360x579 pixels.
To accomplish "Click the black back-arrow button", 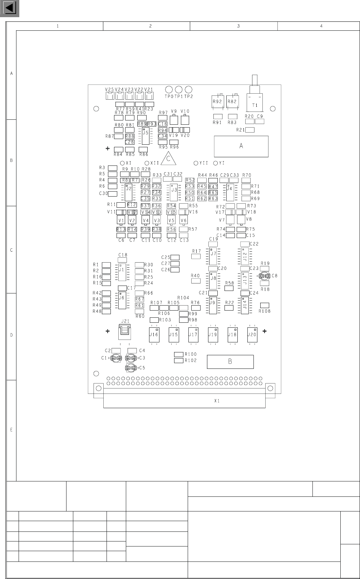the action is click(x=10, y=9).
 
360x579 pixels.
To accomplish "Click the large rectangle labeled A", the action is click(x=241, y=146).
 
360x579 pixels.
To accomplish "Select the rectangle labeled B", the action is click(x=230, y=361).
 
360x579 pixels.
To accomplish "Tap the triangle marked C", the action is click(x=168, y=159).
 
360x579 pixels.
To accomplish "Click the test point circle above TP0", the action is click(x=169, y=89).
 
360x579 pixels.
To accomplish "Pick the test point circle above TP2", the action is click(x=188, y=89).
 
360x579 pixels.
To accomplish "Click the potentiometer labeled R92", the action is click(x=217, y=102).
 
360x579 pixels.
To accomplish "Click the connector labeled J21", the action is click(x=124, y=332).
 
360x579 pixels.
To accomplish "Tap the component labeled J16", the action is click(x=154, y=335).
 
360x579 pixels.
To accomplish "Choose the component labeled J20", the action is click(x=252, y=335).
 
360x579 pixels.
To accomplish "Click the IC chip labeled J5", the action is click(x=145, y=135).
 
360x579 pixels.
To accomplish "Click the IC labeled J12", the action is click(x=245, y=256).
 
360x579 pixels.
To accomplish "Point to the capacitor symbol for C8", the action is click(x=265, y=276).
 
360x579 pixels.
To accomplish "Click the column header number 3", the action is click(x=238, y=26).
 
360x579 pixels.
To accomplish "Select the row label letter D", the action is click(x=11, y=335).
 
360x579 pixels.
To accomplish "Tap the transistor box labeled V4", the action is click(x=146, y=220).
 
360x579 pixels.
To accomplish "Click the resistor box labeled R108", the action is click(x=265, y=305).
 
